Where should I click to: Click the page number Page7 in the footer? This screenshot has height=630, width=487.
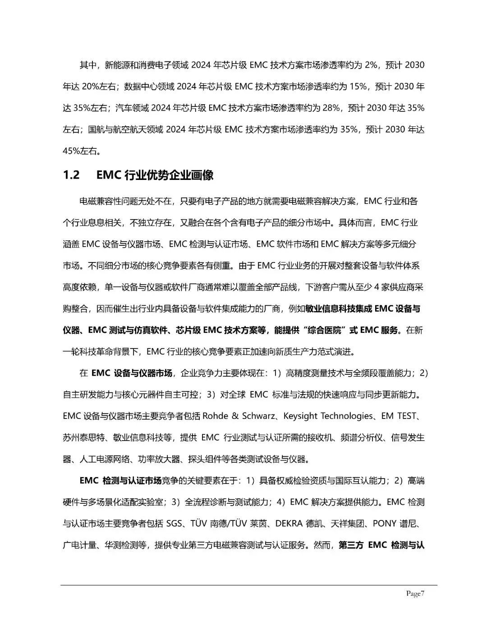(415, 593)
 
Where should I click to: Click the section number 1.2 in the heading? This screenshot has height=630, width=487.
(71, 175)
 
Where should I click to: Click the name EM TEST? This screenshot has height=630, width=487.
(399, 416)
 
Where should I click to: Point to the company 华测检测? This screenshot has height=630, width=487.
(129, 545)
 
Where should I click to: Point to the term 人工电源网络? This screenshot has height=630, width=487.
(101, 459)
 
